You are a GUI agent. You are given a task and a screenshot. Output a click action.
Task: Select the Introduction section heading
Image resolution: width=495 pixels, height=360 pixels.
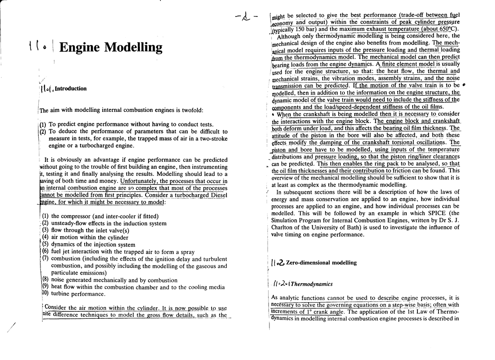[71, 88]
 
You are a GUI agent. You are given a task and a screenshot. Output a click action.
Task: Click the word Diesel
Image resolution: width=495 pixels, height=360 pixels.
[217, 195]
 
